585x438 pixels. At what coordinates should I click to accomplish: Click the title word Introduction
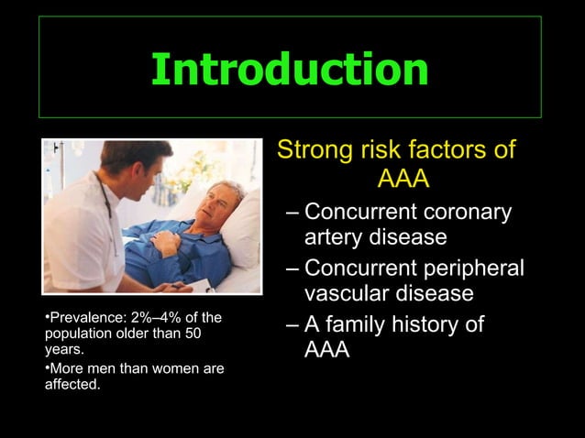pos(290,69)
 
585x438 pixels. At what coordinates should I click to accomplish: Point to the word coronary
pos(467,213)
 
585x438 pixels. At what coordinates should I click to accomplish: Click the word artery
pos(335,237)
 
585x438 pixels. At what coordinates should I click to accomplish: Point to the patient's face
pos(222,203)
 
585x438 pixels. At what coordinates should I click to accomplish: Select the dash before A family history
pos(292,326)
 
